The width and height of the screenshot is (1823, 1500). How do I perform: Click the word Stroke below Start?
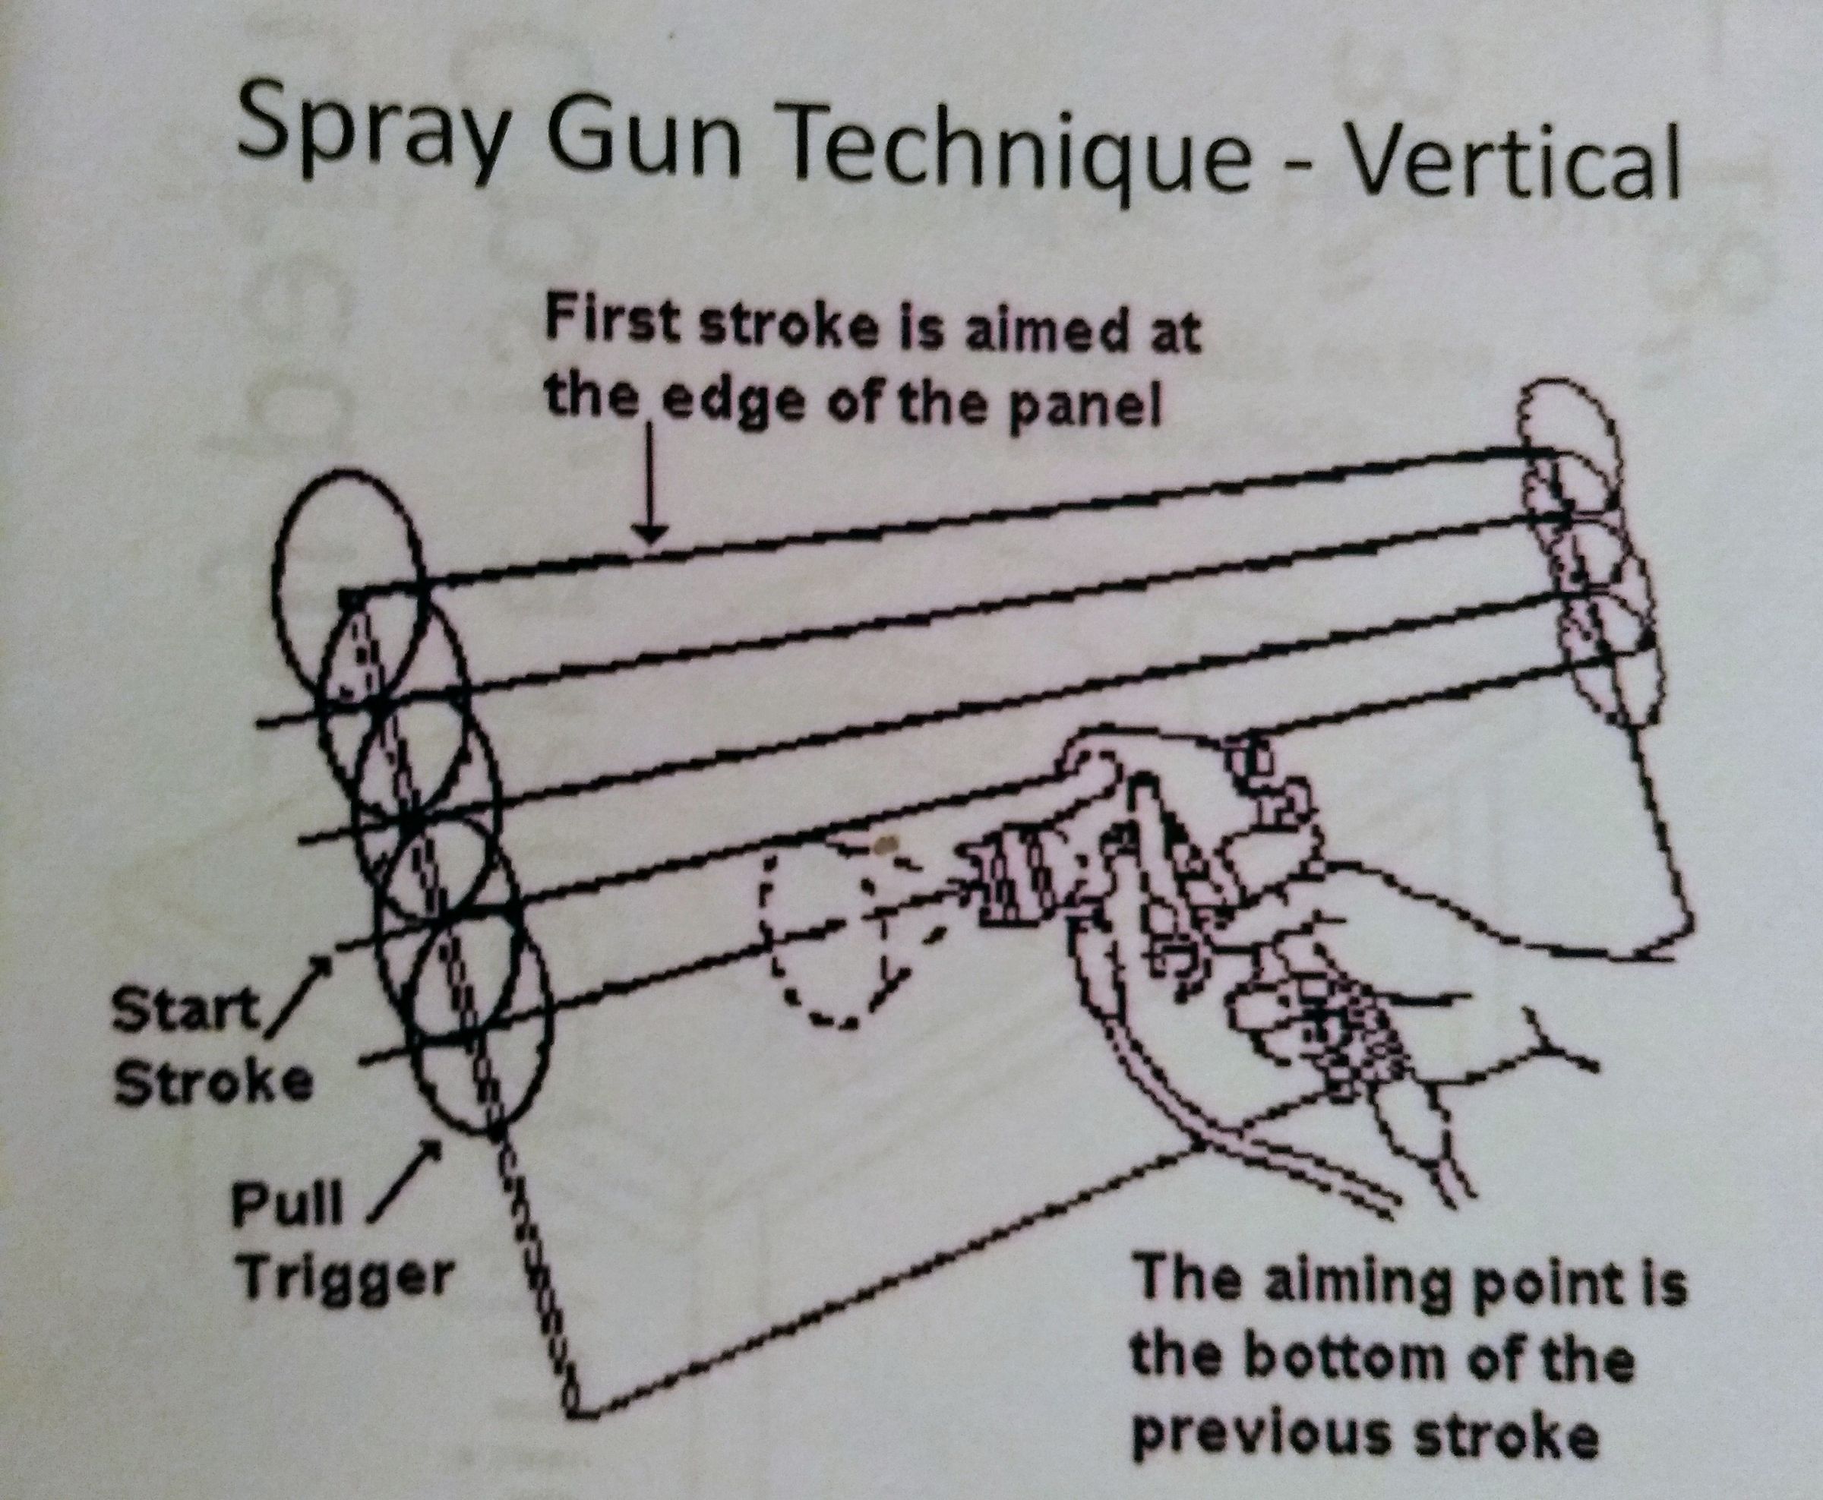click(x=213, y=1083)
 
